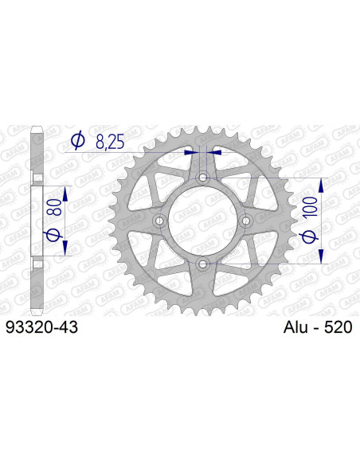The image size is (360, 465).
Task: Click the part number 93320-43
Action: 41,327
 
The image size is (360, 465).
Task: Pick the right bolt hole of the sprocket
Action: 246,220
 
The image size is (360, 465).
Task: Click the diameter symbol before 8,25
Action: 78,142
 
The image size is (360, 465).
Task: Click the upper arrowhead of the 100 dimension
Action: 322,185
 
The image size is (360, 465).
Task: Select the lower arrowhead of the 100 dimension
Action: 322,256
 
